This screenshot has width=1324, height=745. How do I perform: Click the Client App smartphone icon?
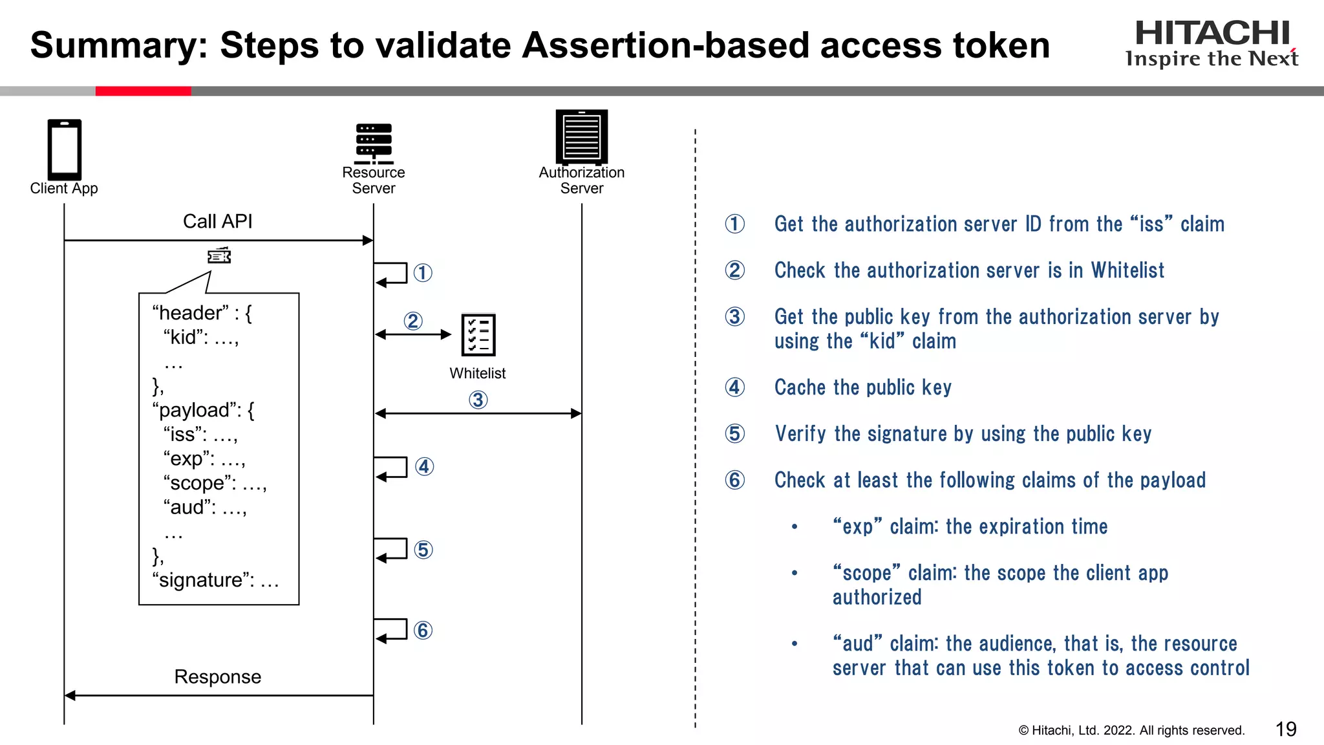64,149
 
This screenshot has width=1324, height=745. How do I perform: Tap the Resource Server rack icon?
374,143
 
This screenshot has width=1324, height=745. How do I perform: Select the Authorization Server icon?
581,136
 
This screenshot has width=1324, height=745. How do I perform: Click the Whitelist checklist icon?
478,334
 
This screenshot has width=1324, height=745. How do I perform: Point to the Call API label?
217,221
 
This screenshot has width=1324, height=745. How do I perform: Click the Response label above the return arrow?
217,676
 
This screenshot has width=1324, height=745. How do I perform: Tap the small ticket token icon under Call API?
219,256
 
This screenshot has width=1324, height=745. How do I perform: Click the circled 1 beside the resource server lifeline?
423,273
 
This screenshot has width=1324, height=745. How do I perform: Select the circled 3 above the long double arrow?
478,400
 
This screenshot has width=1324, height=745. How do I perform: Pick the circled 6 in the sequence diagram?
423,630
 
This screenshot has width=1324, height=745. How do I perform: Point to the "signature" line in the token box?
215,580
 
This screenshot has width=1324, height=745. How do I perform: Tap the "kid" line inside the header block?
200,337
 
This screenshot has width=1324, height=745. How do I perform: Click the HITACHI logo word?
1212,33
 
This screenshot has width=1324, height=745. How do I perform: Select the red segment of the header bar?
143,91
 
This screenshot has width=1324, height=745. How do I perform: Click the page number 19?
1286,729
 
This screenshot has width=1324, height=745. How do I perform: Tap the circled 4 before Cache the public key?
734,387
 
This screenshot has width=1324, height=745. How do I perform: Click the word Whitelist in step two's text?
1127,270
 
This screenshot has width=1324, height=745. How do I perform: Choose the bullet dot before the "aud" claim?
795,644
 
